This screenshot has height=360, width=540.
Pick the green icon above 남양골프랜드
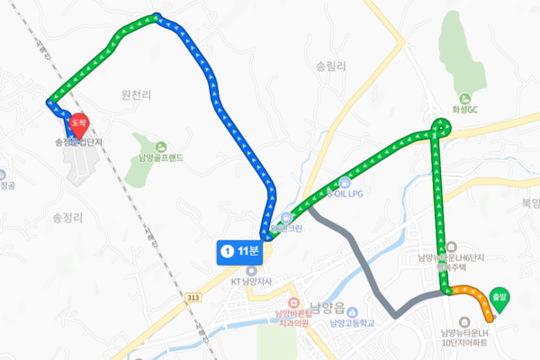[160, 147]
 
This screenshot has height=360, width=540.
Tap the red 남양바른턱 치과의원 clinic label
[292, 318]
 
